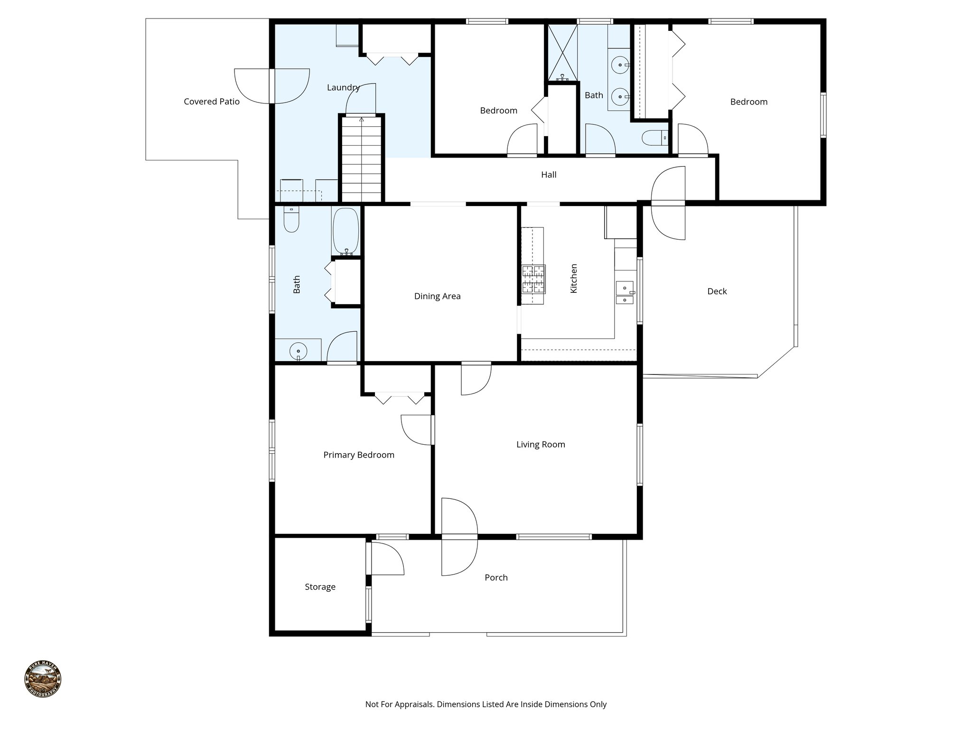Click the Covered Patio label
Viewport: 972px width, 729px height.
coord(212,102)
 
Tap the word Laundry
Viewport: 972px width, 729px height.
coord(343,87)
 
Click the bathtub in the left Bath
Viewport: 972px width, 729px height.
coord(346,232)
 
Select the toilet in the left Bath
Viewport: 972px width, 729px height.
coord(291,220)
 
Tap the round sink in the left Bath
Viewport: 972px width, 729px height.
coord(298,351)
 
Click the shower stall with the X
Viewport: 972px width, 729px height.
coord(562,52)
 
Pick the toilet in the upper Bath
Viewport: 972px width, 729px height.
coord(654,138)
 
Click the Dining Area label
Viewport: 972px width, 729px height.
coord(437,296)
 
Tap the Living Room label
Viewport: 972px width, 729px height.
coord(541,445)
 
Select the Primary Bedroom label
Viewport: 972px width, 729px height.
coord(359,455)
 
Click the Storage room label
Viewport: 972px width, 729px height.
coord(320,587)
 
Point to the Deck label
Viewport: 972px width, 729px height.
coord(717,291)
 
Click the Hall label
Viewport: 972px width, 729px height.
coord(549,175)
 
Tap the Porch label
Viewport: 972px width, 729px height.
coord(496,578)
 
